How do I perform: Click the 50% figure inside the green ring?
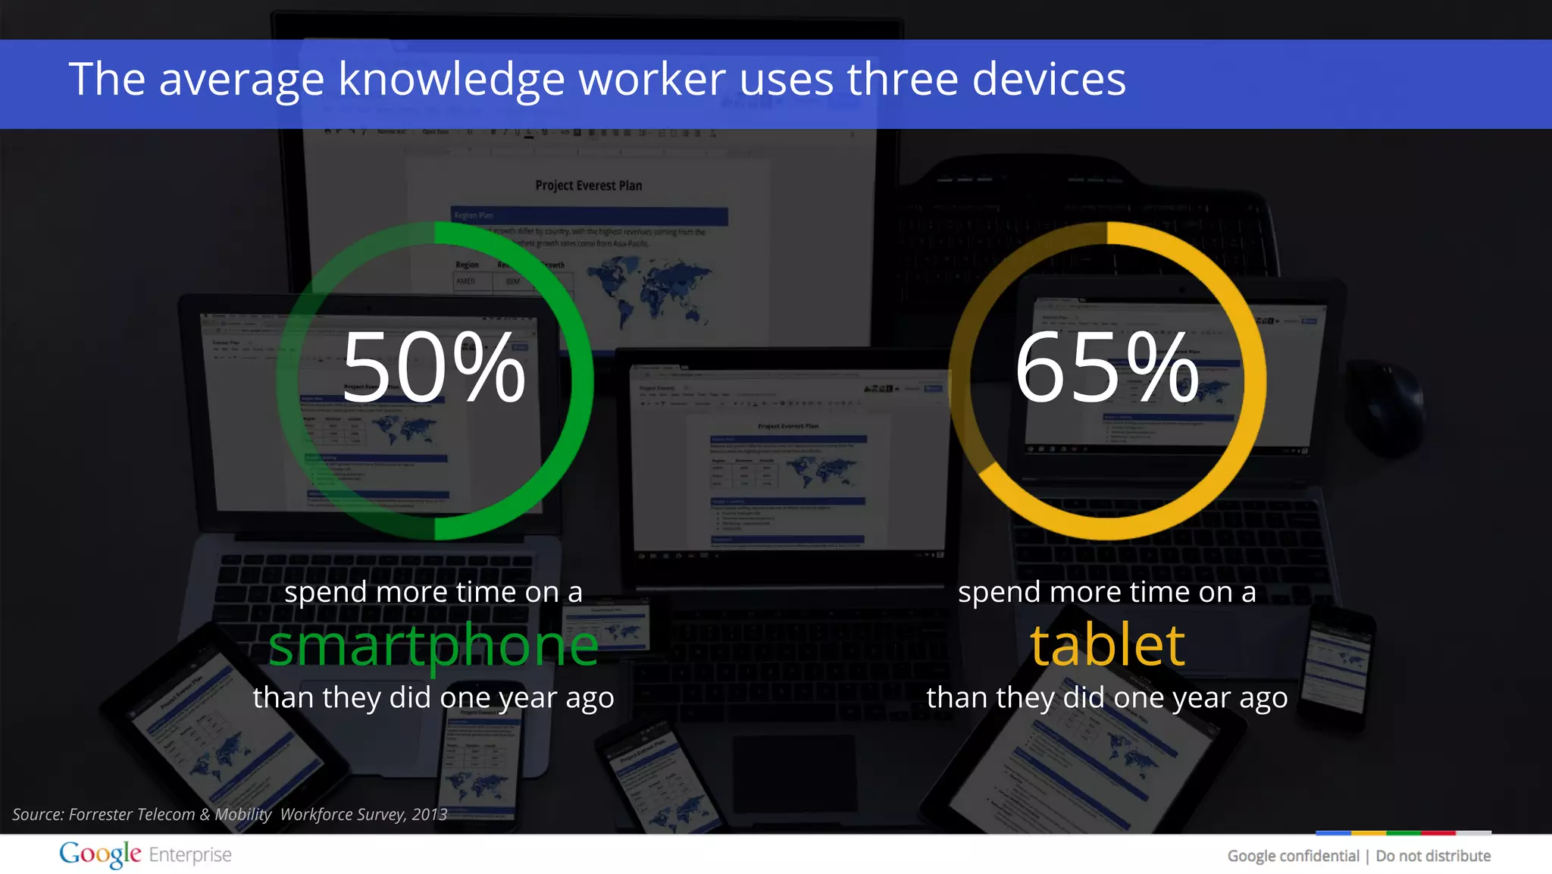[x=433, y=368]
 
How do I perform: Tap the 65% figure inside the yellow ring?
[x=1106, y=368]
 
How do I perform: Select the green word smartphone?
[x=433, y=646]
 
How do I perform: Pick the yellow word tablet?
[x=1107, y=646]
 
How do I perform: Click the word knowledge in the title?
[x=451, y=80]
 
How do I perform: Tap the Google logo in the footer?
[x=100, y=854]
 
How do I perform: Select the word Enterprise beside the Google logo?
[x=190, y=855]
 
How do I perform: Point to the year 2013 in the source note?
[x=430, y=814]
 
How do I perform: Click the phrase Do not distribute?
[x=1433, y=856]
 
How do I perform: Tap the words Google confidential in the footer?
[x=1293, y=856]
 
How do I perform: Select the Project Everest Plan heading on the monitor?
[x=588, y=186]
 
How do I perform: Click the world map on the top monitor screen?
[x=649, y=288]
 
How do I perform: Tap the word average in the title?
[x=242, y=80]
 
